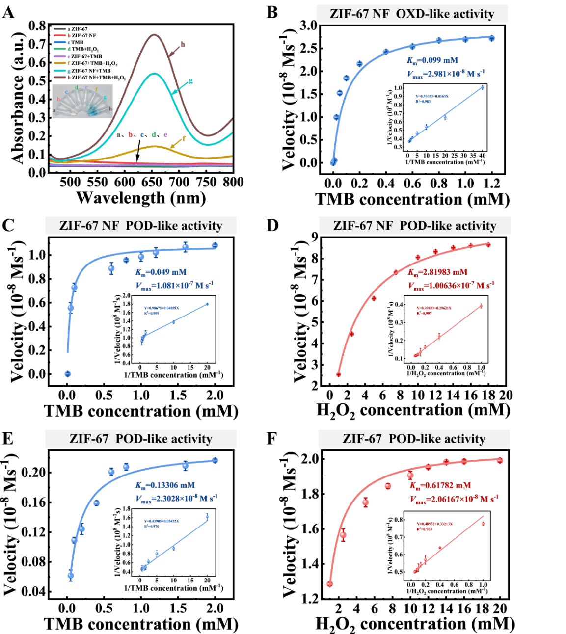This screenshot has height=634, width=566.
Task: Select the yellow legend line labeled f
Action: [59, 63]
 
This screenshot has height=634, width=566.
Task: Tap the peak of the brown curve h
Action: [155, 34]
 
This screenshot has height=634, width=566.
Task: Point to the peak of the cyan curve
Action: [155, 74]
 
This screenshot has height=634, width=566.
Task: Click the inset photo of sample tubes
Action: [82, 101]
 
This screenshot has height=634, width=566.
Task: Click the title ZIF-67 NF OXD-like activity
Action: [412, 14]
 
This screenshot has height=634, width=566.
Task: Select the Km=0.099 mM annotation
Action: [432, 60]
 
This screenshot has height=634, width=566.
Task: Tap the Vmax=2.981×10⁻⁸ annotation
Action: [446, 74]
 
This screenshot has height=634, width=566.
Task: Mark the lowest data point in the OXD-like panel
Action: [334, 161]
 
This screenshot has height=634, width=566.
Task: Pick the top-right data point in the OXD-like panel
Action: [491, 38]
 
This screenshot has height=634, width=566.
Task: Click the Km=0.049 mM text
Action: [161, 272]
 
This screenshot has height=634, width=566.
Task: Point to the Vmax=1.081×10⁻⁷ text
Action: [174, 286]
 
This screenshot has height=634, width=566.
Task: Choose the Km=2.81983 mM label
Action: [438, 272]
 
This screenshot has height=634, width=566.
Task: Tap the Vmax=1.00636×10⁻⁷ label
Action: [451, 286]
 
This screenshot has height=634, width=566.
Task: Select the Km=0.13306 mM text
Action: [165, 485]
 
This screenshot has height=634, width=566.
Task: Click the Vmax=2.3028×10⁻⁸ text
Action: [176, 499]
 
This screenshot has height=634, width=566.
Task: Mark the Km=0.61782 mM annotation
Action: [440, 485]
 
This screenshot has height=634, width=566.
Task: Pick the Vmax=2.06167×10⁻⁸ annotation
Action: [454, 499]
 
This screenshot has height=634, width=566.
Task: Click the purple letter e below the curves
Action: [165, 134]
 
